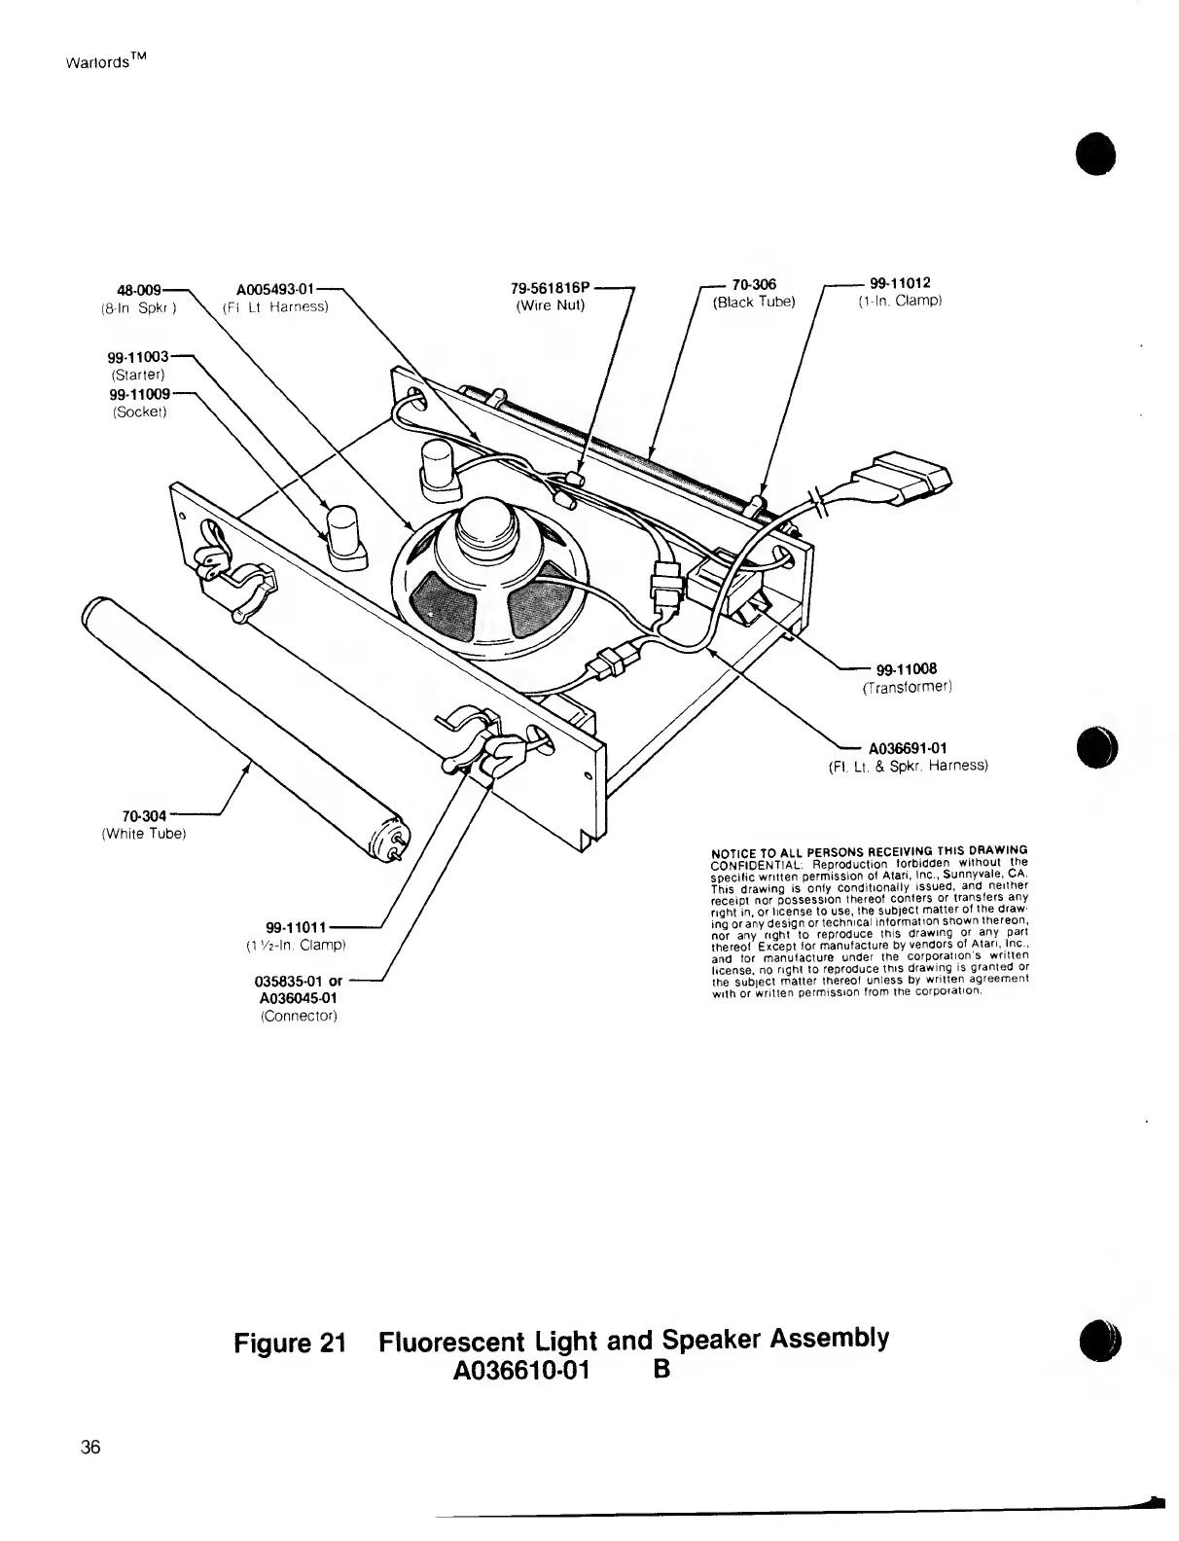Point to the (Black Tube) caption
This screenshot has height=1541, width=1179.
(x=754, y=302)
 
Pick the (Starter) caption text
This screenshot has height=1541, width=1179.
(x=137, y=374)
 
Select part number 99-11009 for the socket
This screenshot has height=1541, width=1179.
(x=139, y=394)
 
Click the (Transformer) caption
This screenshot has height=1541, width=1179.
(x=907, y=688)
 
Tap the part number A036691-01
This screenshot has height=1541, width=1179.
(x=908, y=748)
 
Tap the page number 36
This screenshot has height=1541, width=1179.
(x=90, y=1447)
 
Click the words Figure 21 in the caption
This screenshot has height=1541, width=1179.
(x=290, y=1343)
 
